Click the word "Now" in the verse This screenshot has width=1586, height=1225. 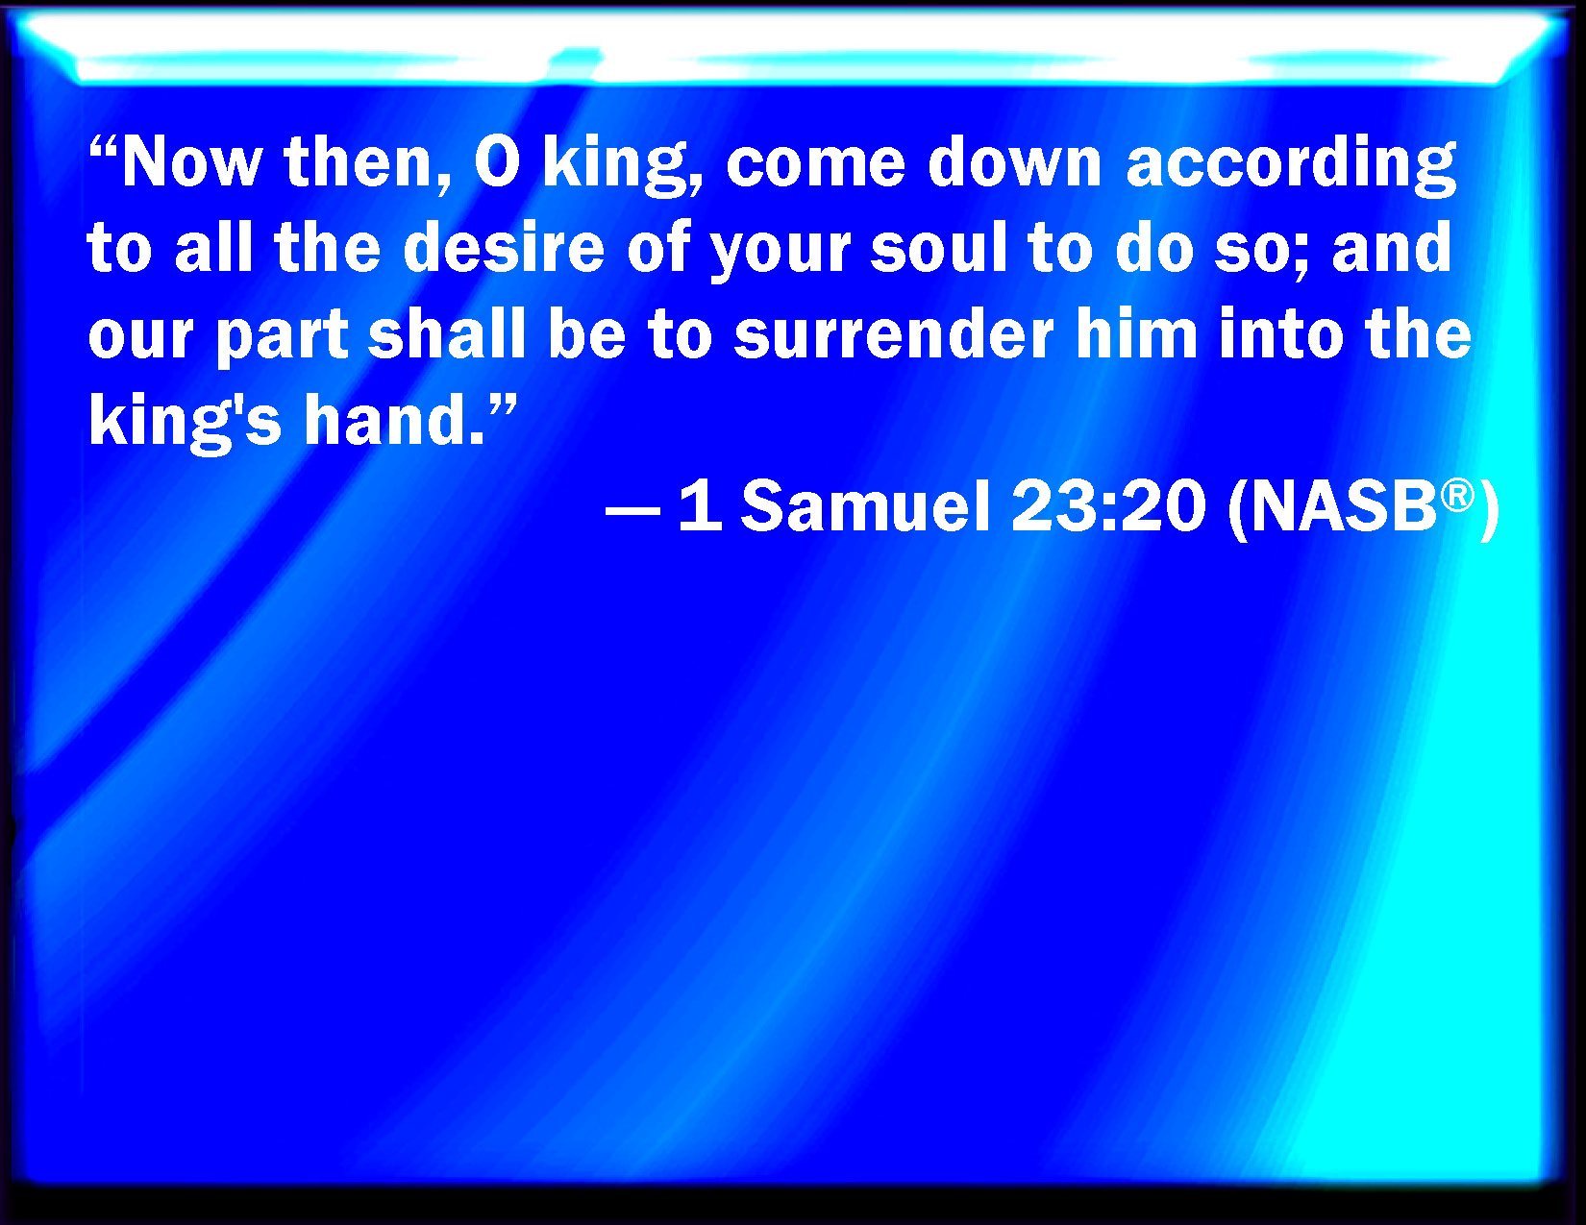tap(192, 162)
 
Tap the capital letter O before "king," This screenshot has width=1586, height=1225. tap(497, 162)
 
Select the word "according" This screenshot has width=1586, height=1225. tap(1291, 166)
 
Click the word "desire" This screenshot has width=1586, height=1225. tap(504, 248)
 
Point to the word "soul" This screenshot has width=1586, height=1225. tap(939, 248)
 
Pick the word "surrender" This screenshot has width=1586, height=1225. tap(893, 334)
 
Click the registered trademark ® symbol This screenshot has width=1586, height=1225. tap(1457, 496)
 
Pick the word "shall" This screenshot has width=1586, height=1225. tap(446, 334)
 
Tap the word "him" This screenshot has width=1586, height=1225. tap(1136, 334)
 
